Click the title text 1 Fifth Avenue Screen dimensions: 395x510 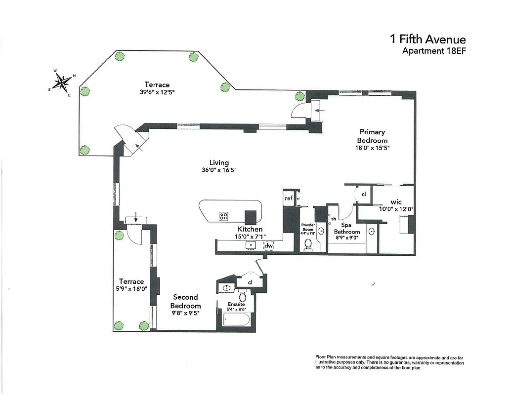427,39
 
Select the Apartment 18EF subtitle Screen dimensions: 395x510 434,51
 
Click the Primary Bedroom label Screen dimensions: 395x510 372,136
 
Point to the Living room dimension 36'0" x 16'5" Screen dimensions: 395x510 219,170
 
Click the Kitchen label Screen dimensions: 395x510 250,229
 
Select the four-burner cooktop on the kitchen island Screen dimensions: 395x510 223,216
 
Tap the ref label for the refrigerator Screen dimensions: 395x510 288,198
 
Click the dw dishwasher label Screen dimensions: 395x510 268,245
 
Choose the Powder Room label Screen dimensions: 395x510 308,227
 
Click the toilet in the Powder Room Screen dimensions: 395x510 308,244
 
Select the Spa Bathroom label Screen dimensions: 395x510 346,228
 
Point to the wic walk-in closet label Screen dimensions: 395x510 396,201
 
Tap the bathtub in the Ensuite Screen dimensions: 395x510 235,320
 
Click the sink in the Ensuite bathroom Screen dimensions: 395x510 227,288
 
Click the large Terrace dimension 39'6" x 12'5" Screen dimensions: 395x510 157,92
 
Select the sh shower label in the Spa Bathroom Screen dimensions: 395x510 333,219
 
